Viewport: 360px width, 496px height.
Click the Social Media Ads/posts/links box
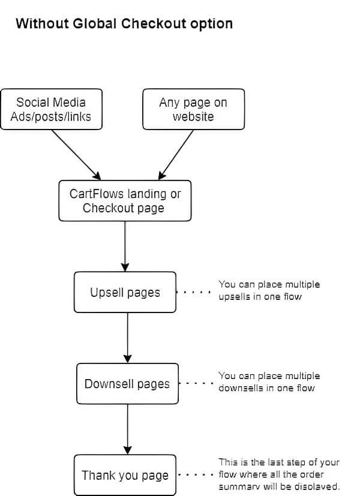coord(50,109)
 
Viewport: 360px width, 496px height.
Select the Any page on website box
coord(193,109)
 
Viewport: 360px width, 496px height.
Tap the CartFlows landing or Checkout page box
coord(125,201)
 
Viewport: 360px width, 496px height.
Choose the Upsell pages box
coord(125,292)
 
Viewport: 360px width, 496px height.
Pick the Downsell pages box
coord(127,383)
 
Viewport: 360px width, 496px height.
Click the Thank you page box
coord(125,475)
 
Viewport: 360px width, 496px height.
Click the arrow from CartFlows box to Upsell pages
coord(125,246)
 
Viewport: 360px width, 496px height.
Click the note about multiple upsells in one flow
coord(269,290)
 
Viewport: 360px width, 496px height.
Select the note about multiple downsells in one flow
coord(269,381)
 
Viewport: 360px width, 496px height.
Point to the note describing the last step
coord(279,474)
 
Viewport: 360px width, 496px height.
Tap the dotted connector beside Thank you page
coord(196,475)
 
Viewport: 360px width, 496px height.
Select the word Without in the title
coord(40,24)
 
